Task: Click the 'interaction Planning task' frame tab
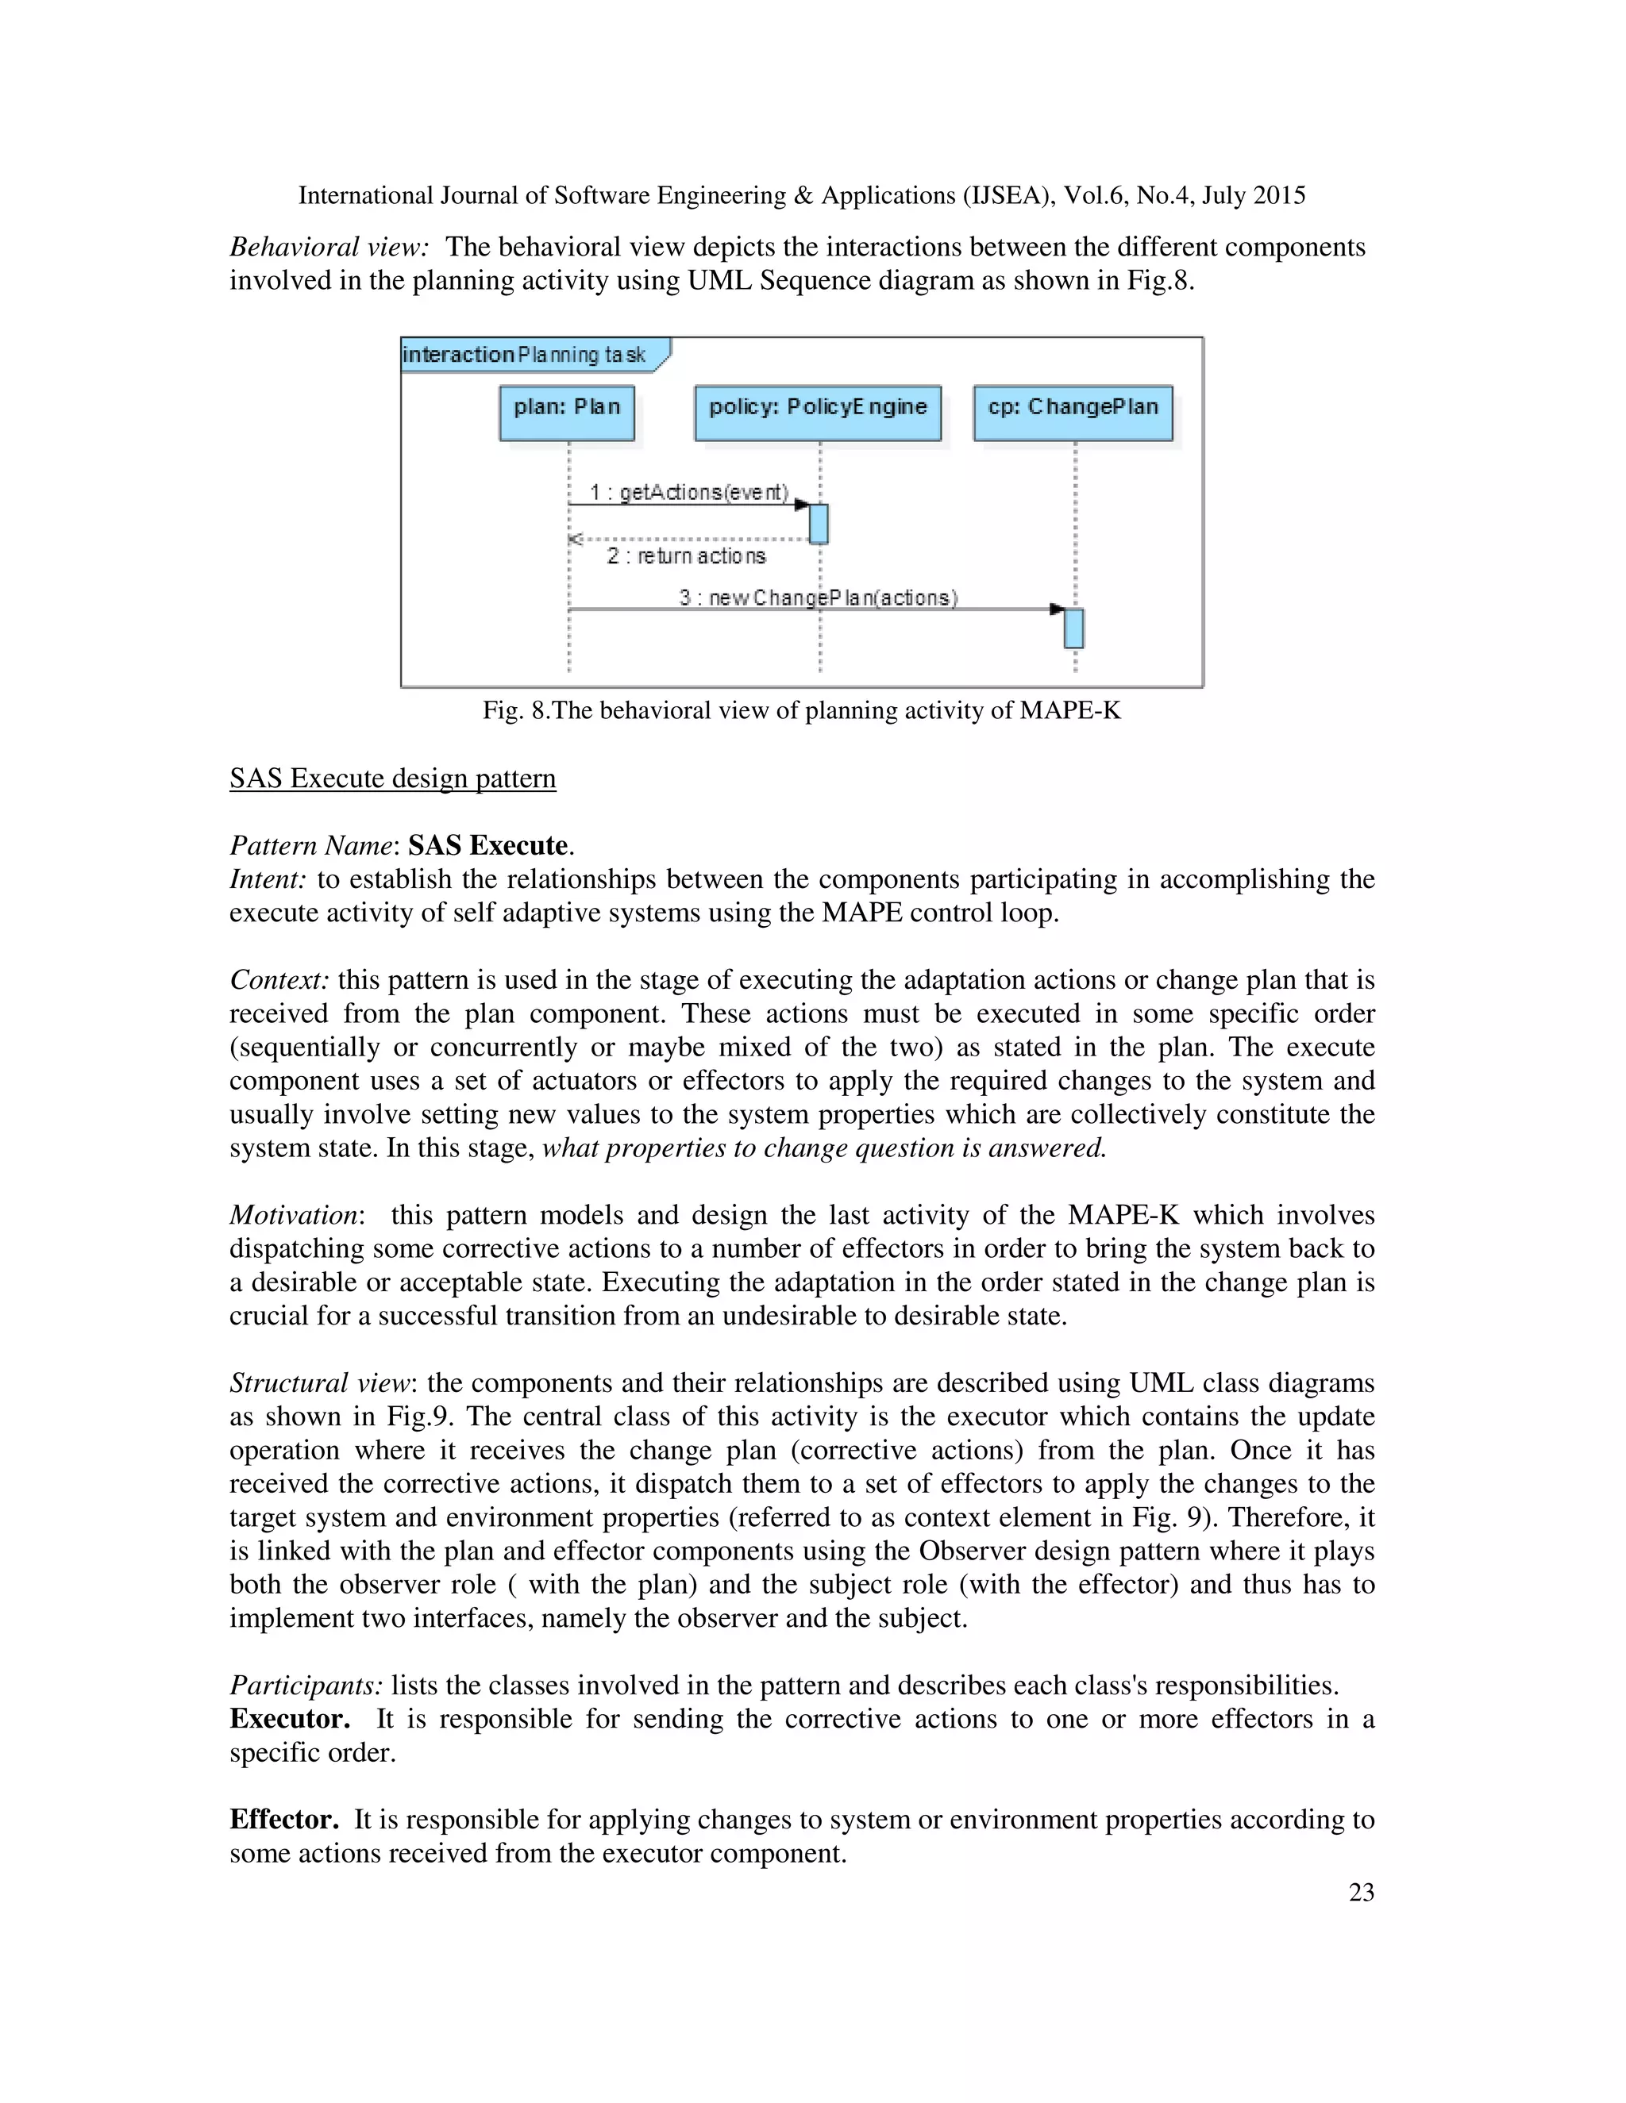525,355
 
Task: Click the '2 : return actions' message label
686,556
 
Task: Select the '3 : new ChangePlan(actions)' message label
818,597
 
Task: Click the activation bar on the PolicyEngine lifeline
819,524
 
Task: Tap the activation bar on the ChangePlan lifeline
1073,628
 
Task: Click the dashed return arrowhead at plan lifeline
575,539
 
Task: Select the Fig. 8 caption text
801,710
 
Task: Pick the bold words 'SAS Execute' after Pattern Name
487,845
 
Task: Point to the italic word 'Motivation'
294,1215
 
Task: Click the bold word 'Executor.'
289,1719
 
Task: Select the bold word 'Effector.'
284,1819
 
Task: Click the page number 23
1361,1892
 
